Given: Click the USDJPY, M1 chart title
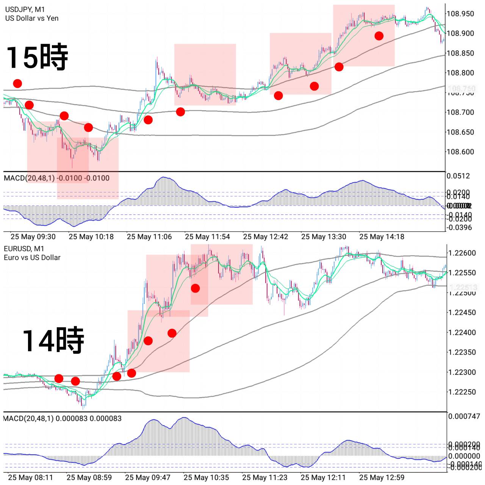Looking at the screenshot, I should [25, 9].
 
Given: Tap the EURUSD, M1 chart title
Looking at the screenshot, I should [24, 249].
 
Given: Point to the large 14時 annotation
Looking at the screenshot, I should [53, 340].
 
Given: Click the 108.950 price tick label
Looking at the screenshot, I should [460, 14].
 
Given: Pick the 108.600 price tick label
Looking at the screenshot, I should [460, 152].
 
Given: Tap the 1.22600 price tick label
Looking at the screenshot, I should [462, 253].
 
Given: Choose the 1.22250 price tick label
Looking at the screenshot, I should [462, 392].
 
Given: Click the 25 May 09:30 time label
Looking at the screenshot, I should [33, 237].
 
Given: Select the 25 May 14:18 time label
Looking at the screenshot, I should [382, 237].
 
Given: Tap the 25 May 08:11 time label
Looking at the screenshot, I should [31, 477].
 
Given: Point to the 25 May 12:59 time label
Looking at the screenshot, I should [382, 477].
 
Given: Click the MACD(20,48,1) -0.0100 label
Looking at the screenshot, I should [56, 178].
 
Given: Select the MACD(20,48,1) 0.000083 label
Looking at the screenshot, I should [63, 418].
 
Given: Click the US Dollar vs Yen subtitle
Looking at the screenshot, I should [32, 18].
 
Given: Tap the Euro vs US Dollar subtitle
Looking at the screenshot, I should [32, 258].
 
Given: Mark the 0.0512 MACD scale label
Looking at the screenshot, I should [458, 176].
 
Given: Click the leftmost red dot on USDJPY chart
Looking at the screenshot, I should [17, 83].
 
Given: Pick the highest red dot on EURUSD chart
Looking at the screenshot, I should [195, 288].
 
